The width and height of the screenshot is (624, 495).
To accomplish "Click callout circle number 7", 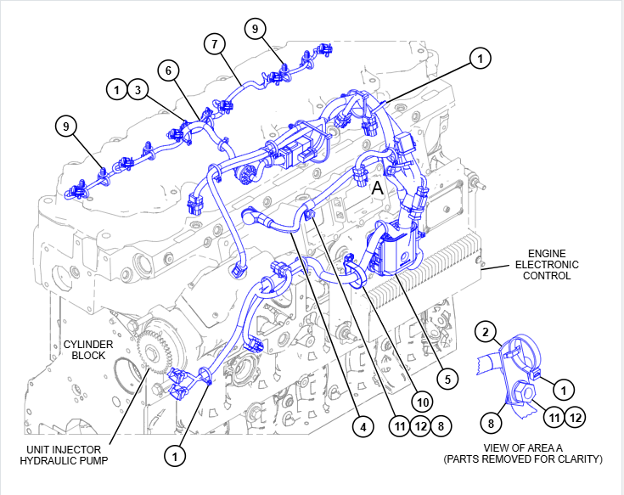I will tap(214, 43).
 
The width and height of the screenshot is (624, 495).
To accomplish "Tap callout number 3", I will tap(138, 88).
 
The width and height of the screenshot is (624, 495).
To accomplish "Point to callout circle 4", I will tap(363, 428).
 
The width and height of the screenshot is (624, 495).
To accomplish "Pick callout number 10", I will tap(422, 399).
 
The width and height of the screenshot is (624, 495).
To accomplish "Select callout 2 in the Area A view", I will tap(485, 330).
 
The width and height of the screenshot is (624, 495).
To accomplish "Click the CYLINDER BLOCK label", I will tap(85, 350).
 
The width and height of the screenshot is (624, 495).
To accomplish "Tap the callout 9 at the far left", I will tap(65, 127).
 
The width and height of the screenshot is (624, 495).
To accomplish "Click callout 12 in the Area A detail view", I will tap(576, 417).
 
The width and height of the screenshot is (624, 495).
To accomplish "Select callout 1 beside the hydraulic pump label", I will tap(175, 456).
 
